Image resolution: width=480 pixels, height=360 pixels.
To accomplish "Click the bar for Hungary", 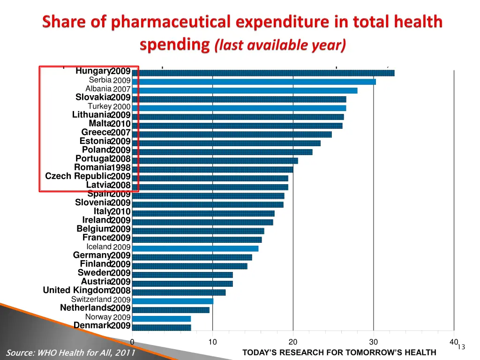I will pyautogui.click(x=263, y=73).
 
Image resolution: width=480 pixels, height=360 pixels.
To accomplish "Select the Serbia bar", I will pyautogui.click(x=254, y=82).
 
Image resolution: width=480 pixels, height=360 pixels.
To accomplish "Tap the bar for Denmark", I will pyautogui.click(x=161, y=327).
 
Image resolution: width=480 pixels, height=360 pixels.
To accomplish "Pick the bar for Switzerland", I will pyautogui.click(x=172, y=301).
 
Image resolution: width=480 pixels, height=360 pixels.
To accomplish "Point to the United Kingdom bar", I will pyautogui.click(x=179, y=292).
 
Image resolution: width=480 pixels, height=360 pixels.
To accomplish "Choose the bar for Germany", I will pyautogui.click(x=192, y=257).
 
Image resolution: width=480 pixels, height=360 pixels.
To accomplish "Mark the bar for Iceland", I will pyautogui.click(x=195, y=248).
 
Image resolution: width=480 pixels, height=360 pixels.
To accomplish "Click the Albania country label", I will pyautogui.click(x=98, y=89).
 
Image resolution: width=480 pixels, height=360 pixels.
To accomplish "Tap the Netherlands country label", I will pyautogui.click(x=85, y=308).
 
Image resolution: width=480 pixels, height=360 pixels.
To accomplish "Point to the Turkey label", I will pyautogui.click(x=99, y=106).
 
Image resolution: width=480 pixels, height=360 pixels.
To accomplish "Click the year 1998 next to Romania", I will pyautogui.click(x=121, y=168).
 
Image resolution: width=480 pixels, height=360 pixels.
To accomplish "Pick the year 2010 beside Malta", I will pyautogui.click(x=121, y=124).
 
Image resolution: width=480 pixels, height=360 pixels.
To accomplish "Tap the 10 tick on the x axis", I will pyautogui.click(x=212, y=342).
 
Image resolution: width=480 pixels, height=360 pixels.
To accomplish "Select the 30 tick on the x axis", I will pyautogui.click(x=374, y=342).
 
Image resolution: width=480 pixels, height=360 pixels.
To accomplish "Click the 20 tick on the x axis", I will pyautogui.click(x=293, y=342).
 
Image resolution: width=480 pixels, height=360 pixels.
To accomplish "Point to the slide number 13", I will pyautogui.click(x=461, y=347).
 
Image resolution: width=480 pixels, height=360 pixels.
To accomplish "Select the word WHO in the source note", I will pyautogui.click(x=46, y=353).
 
